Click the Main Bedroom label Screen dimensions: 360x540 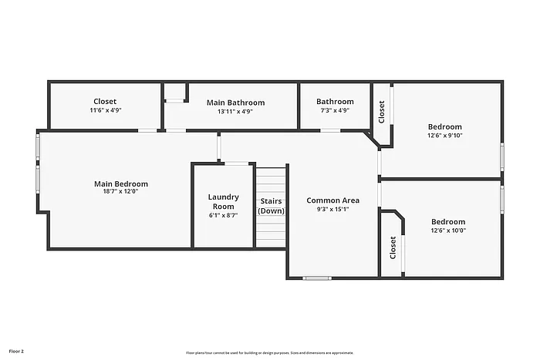pos(121,184)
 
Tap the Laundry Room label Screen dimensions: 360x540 pos(224,201)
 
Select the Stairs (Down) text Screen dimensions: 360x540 pos(271,206)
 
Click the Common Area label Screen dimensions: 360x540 pos(332,200)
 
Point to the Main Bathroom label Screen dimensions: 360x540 pos(235,103)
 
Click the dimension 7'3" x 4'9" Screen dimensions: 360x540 pos(335,111)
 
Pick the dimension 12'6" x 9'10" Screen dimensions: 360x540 pos(445,136)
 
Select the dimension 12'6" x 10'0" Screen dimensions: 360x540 pos(448,230)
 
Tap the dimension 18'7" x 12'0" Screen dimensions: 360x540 pos(121,191)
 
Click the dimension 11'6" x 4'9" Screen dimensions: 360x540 pos(105,110)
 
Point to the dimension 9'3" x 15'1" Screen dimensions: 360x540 pos(332,209)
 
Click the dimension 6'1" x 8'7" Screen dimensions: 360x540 pos(224,215)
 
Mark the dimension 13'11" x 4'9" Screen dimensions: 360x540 pos(235,111)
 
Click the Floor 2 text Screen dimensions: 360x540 pos(16,351)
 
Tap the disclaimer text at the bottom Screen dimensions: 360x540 pos(269,352)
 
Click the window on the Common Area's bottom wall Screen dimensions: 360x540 pos(317,278)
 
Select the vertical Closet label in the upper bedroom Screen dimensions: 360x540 pos(382,112)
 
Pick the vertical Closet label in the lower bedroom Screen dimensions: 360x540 pos(393,247)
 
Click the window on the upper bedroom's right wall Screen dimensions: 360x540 pos(502,156)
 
